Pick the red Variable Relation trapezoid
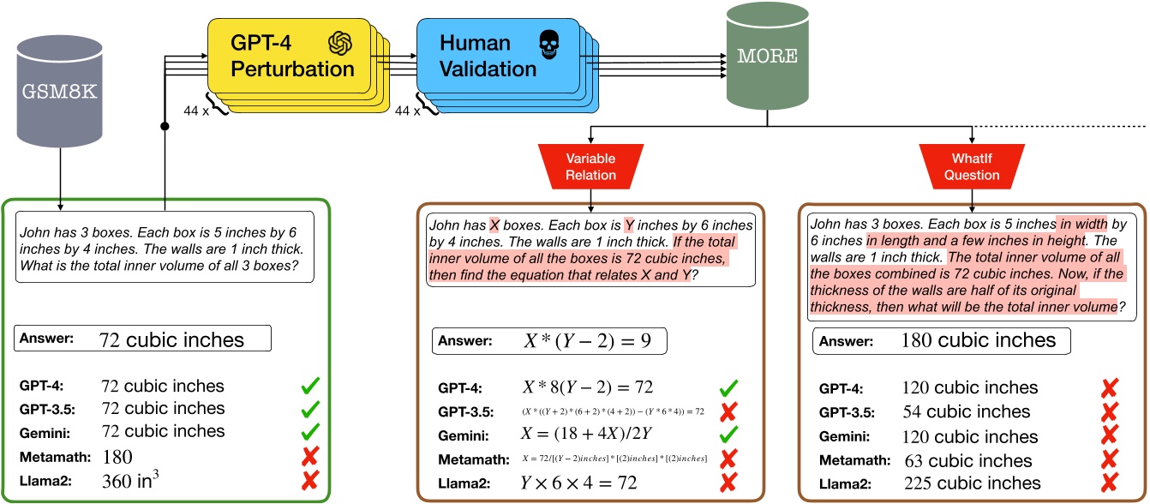tap(591, 163)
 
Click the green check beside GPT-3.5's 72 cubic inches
tap(310, 410)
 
